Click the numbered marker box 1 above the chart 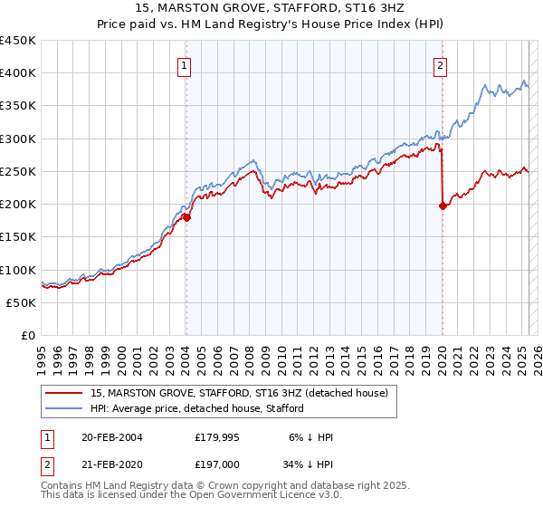[185, 65]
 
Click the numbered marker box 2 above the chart [440, 65]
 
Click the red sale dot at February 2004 [186, 217]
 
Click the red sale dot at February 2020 [443, 206]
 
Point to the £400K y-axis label [18, 73]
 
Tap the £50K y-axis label [22, 302]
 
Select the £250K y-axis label [18, 171]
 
